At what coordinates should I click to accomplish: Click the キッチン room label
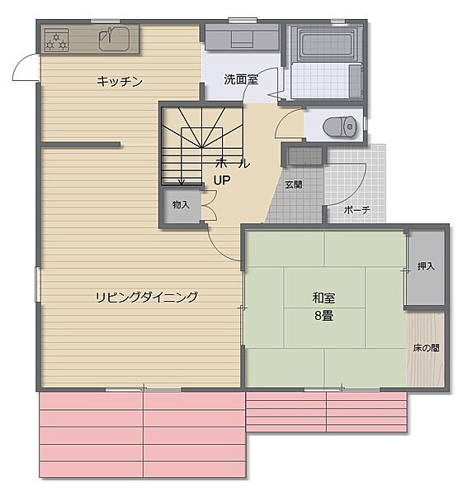[x=120, y=81]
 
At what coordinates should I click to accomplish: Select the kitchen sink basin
[x=112, y=38]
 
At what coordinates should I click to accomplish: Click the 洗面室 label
[x=241, y=79]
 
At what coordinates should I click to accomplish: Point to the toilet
[x=336, y=126]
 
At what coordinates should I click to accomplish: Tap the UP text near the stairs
[x=222, y=179]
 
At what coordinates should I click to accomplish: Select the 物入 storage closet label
[x=181, y=204]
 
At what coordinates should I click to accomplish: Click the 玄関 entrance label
[x=293, y=184]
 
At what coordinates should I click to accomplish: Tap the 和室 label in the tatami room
[x=323, y=298]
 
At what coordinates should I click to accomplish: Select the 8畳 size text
[x=323, y=316]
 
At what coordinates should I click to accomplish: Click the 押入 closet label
[x=426, y=267]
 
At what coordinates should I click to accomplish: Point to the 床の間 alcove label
[x=426, y=348]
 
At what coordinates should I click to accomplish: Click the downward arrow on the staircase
[x=182, y=181]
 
